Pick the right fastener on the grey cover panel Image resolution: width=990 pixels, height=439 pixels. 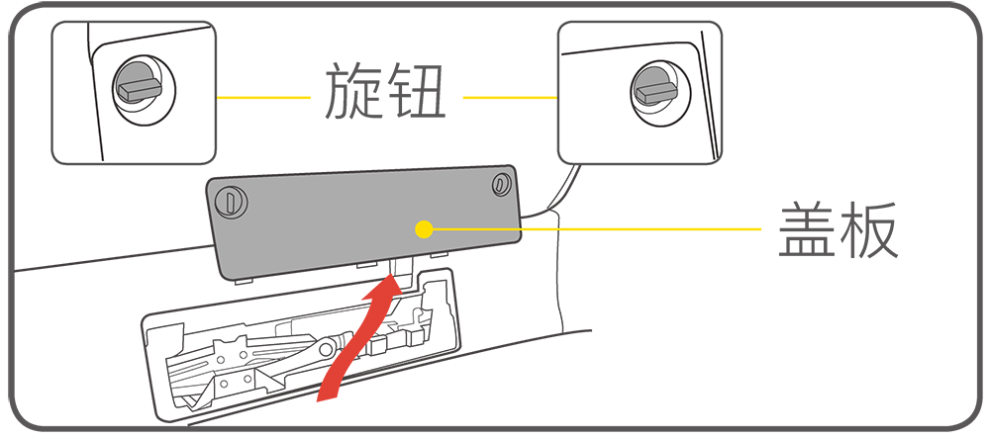[x=500, y=183]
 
